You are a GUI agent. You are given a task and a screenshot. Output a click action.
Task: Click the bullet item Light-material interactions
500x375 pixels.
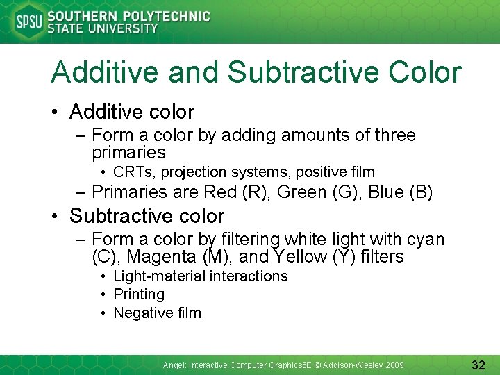pyautogui.click(x=200, y=276)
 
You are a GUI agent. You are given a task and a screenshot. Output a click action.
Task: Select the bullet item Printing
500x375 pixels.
pyautogui.click(x=139, y=294)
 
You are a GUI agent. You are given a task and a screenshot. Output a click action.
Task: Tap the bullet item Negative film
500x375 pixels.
pyautogui.click(x=157, y=313)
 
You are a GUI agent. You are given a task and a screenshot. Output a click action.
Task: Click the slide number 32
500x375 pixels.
pyautogui.click(x=478, y=365)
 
